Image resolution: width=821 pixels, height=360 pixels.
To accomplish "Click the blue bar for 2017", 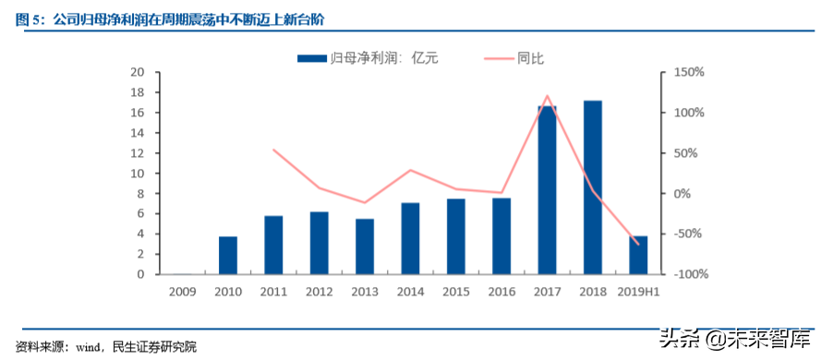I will point(547,190).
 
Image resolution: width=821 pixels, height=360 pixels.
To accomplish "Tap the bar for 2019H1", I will point(637,255).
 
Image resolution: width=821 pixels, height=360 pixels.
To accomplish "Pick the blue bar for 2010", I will point(228,256).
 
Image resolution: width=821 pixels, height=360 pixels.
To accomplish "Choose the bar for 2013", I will point(364,246).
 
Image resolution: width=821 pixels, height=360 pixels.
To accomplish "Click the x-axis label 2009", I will point(183,292).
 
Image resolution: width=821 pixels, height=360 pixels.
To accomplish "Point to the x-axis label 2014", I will point(410,292).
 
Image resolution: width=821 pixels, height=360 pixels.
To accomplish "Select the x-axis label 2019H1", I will point(637,292).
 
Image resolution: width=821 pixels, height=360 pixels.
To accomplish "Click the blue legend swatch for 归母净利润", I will point(312,58).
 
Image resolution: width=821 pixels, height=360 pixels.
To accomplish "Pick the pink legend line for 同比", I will point(499,58).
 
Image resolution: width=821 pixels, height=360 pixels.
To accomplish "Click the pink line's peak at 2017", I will point(547,95).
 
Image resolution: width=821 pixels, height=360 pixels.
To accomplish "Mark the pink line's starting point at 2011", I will point(273,150).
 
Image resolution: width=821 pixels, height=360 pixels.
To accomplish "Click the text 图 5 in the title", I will point(24,18).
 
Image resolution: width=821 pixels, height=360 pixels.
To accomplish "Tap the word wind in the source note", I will point(88,347).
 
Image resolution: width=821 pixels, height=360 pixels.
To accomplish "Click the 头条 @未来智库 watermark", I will point(739,340).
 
